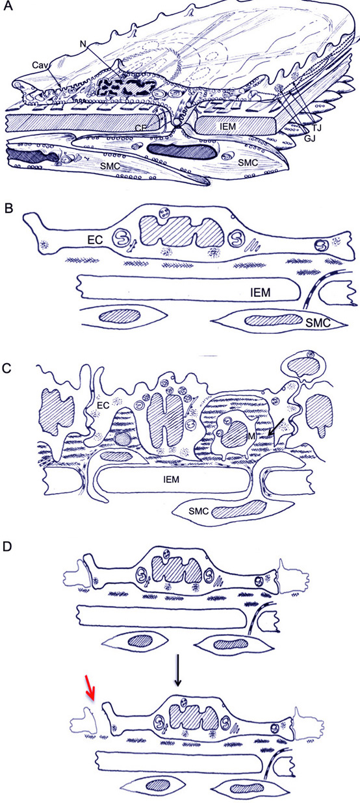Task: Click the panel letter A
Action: pos(7,6)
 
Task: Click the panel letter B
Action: pos(7,209)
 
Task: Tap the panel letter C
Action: pos(7,368)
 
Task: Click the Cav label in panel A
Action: pos(40,65)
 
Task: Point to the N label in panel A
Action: pos(83,44)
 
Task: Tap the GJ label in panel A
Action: pos(310,138)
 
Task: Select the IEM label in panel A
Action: pos(228,126)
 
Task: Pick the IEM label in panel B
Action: pos(261,293)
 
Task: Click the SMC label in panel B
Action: pos(318,323)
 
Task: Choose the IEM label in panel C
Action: pos(171,479)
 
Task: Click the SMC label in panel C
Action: pos(199,511)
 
